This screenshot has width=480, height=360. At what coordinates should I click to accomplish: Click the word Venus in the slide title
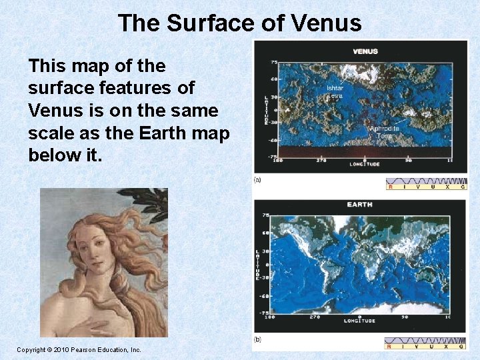click(x=330, y=23)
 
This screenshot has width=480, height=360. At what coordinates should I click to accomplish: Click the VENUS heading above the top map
click(x=365, y=51)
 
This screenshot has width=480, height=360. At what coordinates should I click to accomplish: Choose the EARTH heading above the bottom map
click(x=359, y=205)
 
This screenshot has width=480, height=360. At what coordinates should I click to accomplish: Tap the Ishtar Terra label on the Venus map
click(x=335, y=91)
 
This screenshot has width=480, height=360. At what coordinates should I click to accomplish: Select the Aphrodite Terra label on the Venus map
click(x=385, y=131)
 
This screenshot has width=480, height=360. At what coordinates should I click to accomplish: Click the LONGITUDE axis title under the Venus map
click(x=365, y=164)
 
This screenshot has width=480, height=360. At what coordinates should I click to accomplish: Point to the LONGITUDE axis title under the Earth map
click(x=359, y=321)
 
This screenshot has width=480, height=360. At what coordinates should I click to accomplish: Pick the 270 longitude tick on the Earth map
click(x=315, y=317)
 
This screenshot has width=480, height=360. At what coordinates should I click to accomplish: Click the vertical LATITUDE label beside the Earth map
click(x=257, y=265)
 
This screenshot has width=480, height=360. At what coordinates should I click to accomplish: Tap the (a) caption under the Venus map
click(x=257, y=180)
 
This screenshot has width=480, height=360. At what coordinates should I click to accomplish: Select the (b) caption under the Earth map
click(x=257, y=339)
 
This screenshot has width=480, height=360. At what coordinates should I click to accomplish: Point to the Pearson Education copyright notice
click(x=79, y=349)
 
